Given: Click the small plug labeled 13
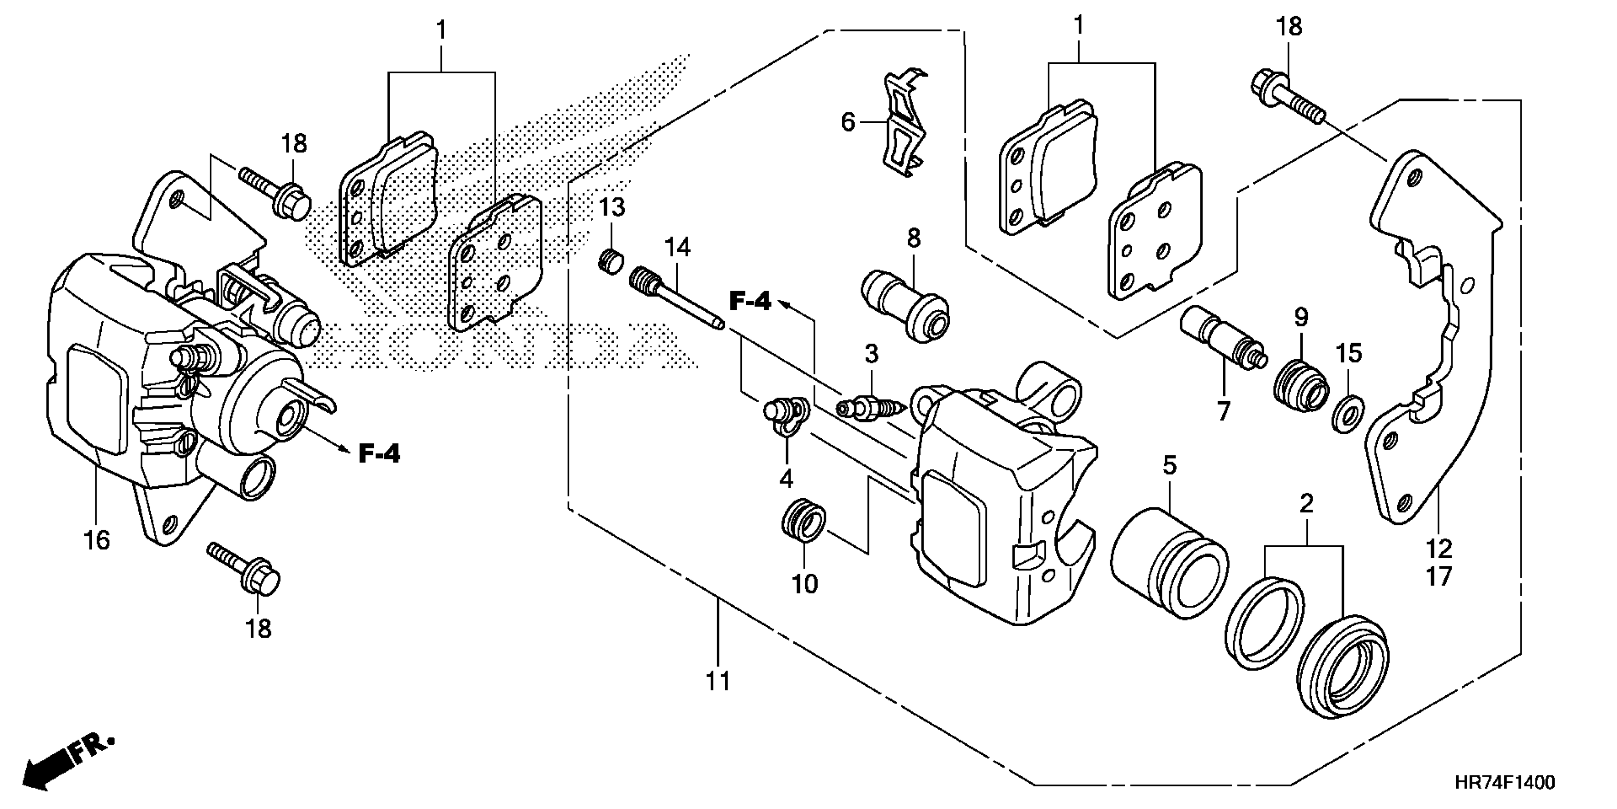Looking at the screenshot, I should pyautogui.click(x=610, y=261).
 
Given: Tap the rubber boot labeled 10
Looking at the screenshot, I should pyautogui.click(x=803, y=518).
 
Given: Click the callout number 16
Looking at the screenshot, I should pyautogui.click(x=97, y=539).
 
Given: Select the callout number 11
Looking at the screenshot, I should pyautogui.click(x=718, y=681).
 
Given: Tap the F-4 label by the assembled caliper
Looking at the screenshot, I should pyautogui.click(x=379, y=453).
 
